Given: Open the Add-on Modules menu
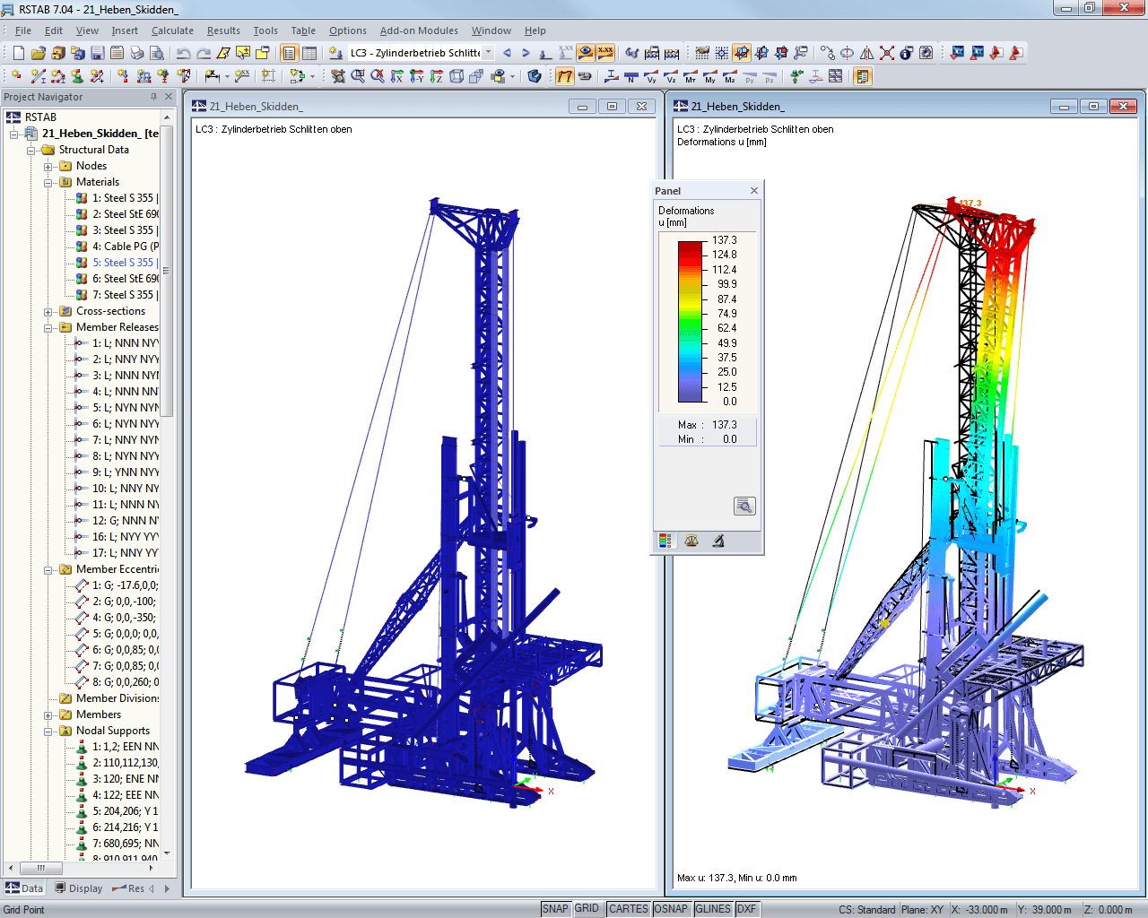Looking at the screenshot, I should pos(419,30).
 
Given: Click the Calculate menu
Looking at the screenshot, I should pos(172,30).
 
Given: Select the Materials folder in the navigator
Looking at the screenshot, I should pos(97,182).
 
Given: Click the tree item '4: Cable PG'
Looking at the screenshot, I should pos(125,247).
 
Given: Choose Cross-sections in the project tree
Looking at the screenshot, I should pos(110,311).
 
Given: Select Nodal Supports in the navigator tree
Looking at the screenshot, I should pos(113,731).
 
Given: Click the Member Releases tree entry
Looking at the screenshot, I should pos(117,327).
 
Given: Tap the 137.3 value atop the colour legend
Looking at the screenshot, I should pos(725,240).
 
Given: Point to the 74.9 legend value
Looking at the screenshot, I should pos(726,314).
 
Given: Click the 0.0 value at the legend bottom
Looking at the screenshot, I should pos(730,402).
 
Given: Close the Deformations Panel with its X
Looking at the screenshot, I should pos(754,191).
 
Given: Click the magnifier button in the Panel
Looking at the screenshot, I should pos(744,507).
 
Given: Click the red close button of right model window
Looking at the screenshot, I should pos(1123,107).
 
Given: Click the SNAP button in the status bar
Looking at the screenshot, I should pos(555,909).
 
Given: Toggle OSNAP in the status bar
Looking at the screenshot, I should pos(671,909).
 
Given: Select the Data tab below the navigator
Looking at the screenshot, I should pos(25,888).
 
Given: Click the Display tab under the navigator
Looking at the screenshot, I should pos(80,888).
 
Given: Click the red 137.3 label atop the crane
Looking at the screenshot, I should pos(970,204).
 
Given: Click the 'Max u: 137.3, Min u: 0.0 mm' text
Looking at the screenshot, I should pos(736,878).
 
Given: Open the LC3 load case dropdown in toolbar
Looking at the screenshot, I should pos(489,53).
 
